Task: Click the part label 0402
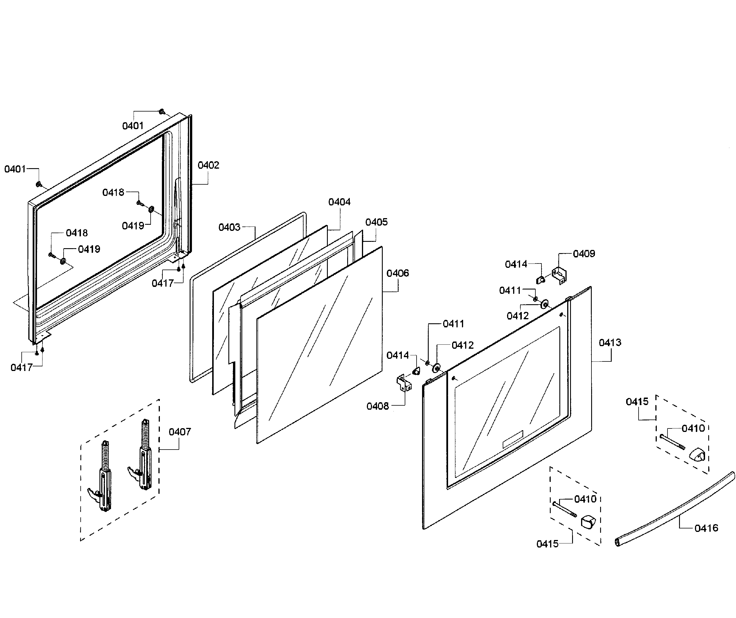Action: coord(208,165)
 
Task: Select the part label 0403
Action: coord(229,227)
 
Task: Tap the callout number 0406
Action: coord(397,273)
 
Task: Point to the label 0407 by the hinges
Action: coord(180,432)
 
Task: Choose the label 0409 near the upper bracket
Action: coord(584,254)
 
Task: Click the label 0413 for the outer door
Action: coord(610,342)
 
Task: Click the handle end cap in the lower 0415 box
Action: coord(589,522)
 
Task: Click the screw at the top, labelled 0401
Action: coord(162,112)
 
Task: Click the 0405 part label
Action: coord(376,222)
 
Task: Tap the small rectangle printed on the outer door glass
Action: coord(513,439)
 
